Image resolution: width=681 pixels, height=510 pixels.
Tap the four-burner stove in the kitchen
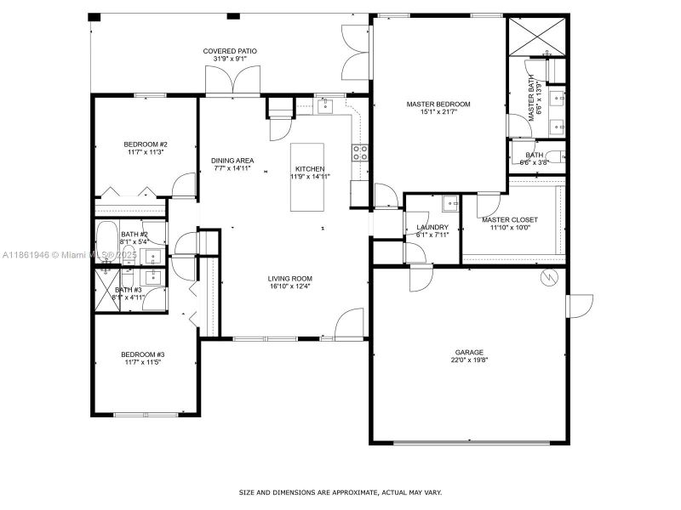tap(360, 153)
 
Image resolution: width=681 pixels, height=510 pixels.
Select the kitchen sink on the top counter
tap(324, 105)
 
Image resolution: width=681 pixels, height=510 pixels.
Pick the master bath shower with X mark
tap(537, 35)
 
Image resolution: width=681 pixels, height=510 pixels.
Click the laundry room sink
tap(450, 205)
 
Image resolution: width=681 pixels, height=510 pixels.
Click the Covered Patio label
tap(230, 51)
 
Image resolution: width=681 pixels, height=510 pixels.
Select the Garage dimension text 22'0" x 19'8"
tap(469, 360)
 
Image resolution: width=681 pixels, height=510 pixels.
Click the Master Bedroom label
tap(438, 105)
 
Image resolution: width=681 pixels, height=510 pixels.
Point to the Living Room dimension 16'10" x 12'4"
tap(290, 286)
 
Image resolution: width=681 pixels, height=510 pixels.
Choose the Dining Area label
tap(232, 161)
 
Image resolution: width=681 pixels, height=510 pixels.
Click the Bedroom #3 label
tap(142, 354)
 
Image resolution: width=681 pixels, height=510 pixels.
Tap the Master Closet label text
tap(509, 220)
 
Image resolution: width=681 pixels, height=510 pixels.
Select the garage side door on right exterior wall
tap(580, 305)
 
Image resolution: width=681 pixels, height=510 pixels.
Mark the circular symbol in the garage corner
tap(550, 277)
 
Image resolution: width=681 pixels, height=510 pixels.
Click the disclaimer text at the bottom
tap(340, 492)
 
